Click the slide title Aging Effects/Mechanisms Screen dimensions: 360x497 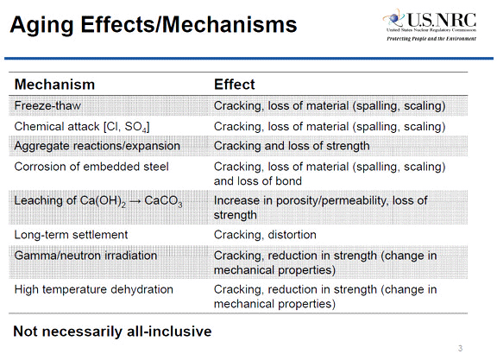(153, 24)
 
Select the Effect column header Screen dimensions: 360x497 (234, 85)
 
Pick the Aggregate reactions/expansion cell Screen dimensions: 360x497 (94, 146)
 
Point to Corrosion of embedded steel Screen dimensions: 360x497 (91, 166)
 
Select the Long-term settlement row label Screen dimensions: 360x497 (71, 234)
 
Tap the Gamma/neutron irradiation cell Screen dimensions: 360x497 (85, 255)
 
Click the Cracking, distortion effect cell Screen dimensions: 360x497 (265, 234)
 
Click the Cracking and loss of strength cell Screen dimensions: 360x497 (293, 146)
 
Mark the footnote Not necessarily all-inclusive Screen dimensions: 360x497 (112, 331)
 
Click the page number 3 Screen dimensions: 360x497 (461, 348)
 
